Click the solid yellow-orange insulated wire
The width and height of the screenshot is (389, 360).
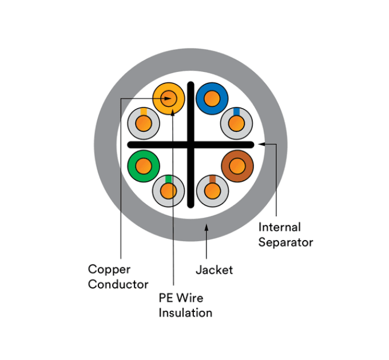tap(169, 98)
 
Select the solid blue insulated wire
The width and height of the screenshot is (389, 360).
tap(212, 98)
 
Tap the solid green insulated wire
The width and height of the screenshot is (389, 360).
tap(144, 166)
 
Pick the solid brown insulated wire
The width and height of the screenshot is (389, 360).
tap(237, 166)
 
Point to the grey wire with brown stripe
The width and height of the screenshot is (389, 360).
tap(212, 190)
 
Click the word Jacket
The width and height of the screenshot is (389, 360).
tap(214, 270)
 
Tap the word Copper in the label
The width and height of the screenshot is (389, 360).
tap(109, 269)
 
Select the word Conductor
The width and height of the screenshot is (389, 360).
tap(118, 284)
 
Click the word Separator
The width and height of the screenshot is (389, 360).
tap(285, 242)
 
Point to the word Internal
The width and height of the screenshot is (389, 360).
tap(279, 227)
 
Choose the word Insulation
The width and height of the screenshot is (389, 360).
tap(185, 313)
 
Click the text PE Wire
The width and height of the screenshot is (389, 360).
tap(181, 298)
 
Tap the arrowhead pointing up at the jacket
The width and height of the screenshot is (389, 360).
tap(207, 229)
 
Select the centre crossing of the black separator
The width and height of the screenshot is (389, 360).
tap(191, 143)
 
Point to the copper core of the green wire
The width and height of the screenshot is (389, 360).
tap(144, 166)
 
